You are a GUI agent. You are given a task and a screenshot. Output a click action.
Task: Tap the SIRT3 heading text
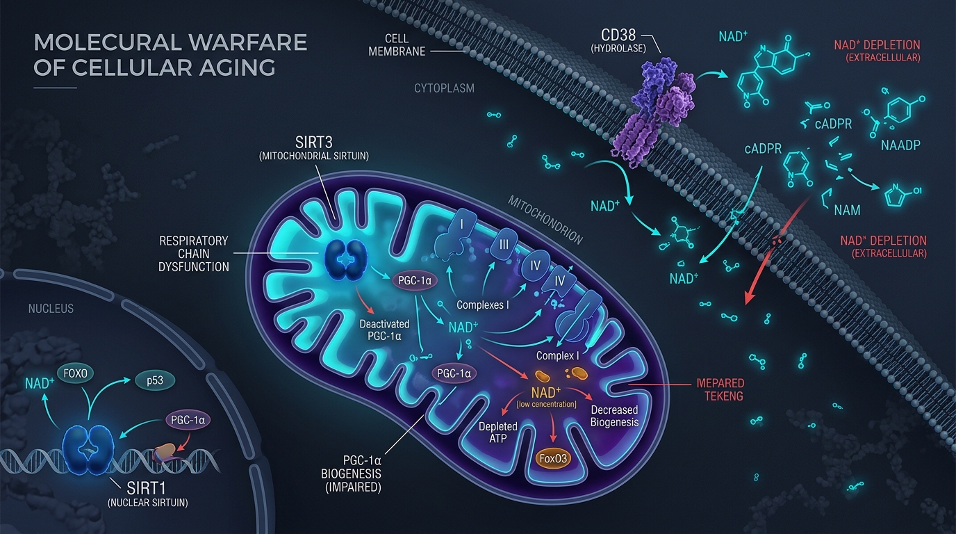pos(314,143)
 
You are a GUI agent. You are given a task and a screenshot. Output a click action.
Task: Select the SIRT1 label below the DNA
pos(146,488)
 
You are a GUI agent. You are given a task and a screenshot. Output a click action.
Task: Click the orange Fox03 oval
pos(553,459)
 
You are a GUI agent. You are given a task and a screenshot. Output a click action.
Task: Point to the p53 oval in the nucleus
pos(155,380)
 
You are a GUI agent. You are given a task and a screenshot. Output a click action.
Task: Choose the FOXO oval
pos(76,374)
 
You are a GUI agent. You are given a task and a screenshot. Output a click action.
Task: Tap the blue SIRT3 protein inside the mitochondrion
pos(346,260)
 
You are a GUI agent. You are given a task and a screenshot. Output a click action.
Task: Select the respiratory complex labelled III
pos(504,245)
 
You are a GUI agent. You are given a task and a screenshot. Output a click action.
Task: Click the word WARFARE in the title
pos(249,42)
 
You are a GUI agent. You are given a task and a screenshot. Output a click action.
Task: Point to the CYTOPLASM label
pos(444,88)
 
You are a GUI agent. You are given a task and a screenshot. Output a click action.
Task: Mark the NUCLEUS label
pos(51,309)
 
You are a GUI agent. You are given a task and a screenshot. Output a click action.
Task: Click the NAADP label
pos(900,145)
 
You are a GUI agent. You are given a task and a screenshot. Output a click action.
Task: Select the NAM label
pos(847,210)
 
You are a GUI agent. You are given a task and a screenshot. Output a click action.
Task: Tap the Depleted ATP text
pos(498,432)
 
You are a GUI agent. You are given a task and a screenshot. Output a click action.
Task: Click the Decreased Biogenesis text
pos(615,416)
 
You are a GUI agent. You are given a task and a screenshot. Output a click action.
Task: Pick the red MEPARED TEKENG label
pos(720,389)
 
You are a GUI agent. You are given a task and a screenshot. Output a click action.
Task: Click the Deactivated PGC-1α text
pos(384,330)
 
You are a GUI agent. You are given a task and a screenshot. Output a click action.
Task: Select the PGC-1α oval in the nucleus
pos(188,420)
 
